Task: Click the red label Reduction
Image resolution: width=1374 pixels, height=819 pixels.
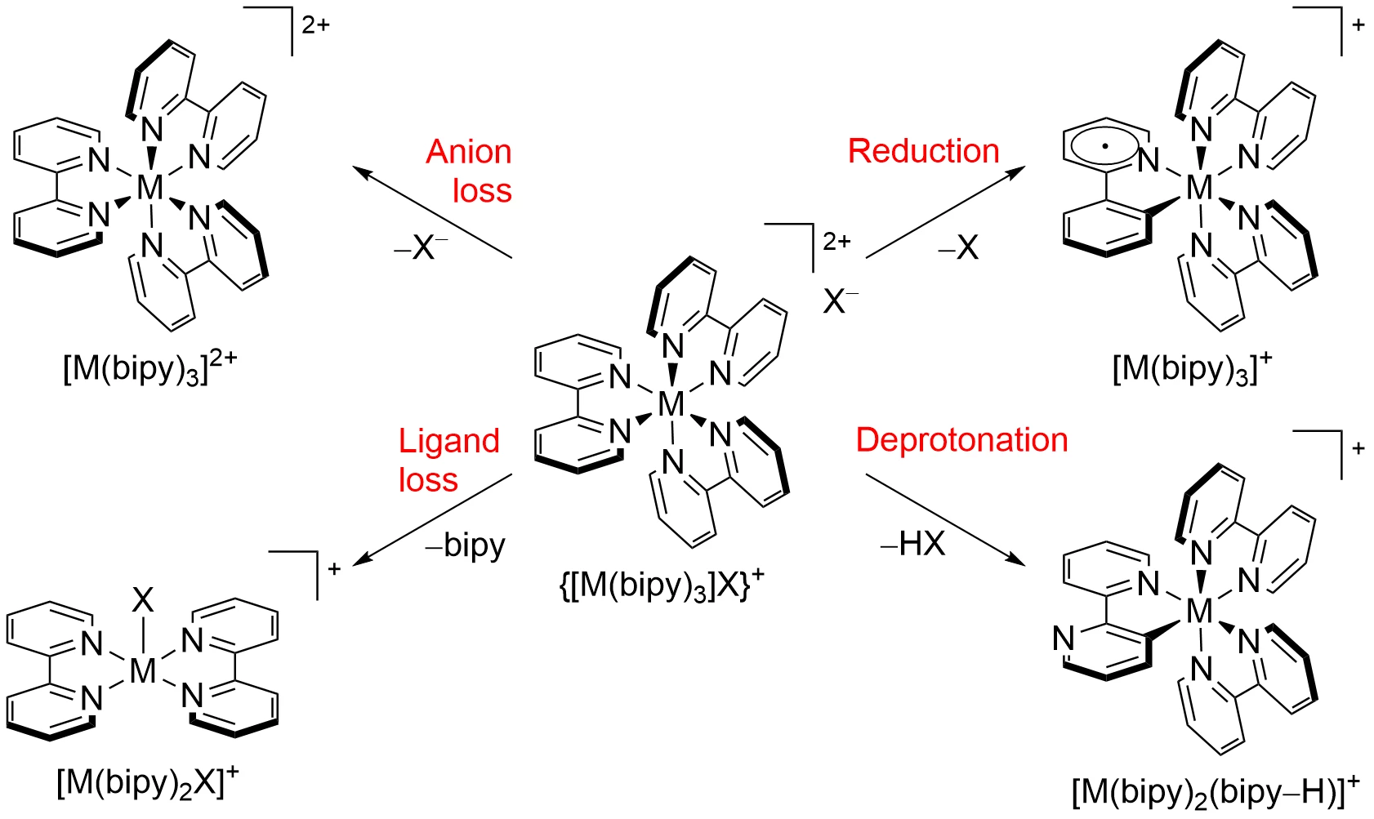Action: pos(923,152)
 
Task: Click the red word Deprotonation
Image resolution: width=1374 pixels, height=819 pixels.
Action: pos(961,440)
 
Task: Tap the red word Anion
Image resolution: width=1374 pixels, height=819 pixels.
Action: pos(469,152)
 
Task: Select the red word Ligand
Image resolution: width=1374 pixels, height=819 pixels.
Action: pos(448,441)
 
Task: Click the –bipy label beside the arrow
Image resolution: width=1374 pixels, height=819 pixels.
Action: pos(466,545)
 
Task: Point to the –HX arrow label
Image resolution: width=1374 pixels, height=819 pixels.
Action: pos(912,543)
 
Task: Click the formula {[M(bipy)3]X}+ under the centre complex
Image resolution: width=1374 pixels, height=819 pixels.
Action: pos(662,585)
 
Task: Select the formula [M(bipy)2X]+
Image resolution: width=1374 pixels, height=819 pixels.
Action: pos(148,783)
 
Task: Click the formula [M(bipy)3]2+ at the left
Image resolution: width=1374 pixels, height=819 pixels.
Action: pos(149,368)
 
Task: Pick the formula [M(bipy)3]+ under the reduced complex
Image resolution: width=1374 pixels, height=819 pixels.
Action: pos(1192,368)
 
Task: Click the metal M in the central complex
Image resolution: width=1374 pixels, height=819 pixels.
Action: pos(671,403)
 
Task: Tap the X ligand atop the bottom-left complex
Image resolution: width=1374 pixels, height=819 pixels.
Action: pos(143,601)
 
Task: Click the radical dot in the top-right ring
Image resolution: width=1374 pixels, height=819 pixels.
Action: pos(1104,147)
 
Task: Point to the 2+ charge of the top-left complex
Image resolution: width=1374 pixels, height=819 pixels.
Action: pos(316,25)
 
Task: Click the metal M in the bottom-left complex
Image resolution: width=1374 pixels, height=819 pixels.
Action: pos(143,670)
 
